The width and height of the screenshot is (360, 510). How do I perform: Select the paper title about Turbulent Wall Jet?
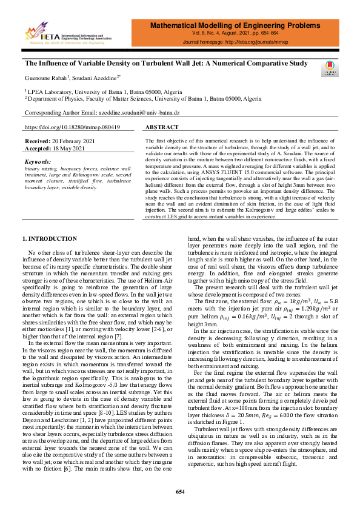(166, 62)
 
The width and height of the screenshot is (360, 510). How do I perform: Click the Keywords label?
(38, 162)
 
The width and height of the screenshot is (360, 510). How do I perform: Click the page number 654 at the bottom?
(180, 491)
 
